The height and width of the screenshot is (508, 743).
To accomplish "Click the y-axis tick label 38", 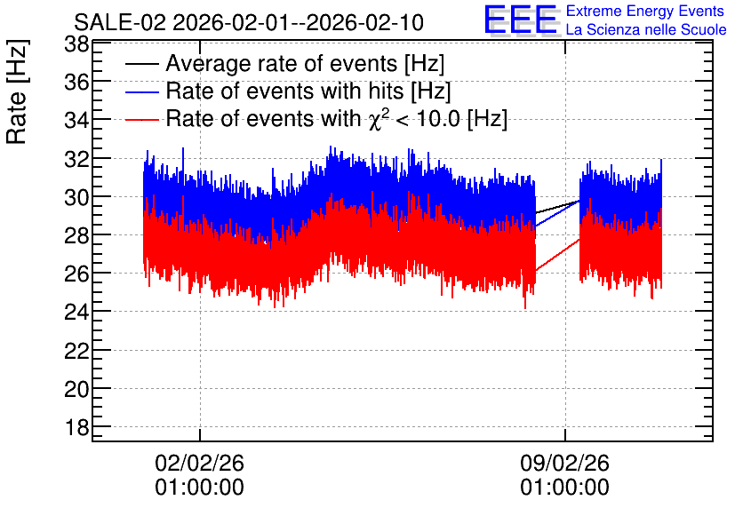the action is coord(76,45).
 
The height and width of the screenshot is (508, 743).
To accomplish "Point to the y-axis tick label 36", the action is coord(76,83).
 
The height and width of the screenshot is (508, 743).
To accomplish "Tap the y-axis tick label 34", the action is coord(76,121).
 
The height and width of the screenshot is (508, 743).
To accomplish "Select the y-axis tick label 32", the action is coord(76,160).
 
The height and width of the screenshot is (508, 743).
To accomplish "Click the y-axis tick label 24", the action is coord(76,313).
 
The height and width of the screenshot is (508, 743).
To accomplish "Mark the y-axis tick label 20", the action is coord(76,390).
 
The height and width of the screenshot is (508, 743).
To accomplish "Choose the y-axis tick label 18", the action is coord(76,428).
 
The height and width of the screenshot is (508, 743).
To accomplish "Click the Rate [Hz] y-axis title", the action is coord(17,91).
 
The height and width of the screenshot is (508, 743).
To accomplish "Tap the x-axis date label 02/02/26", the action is coord(199,463).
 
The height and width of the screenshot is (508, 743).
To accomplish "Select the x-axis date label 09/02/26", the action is coord(565,463).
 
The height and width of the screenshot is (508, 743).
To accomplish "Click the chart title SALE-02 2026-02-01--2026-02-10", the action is coord(249,23).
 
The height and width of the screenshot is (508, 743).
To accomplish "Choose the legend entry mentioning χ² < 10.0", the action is coord(337,119).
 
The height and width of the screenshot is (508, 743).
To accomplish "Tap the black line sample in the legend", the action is coord(141,64).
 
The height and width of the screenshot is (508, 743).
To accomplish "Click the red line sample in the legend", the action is coord(141,120).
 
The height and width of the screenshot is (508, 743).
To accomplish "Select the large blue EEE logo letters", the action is coord(521,20).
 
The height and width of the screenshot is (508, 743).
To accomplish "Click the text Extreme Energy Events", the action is coord(645,11).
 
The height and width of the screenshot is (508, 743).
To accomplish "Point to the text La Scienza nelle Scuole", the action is coord(646,30).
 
